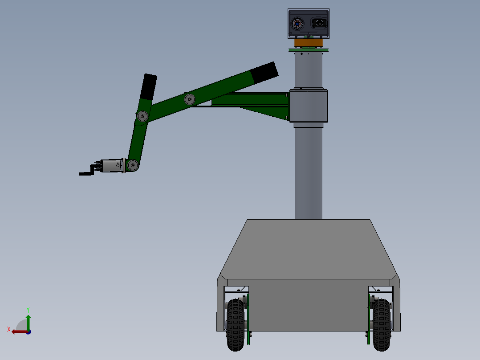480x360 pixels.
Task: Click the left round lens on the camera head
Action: pyautogui.click(x=297, y=23)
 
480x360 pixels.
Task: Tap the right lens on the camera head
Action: pyautogui.click(x=319, y=23)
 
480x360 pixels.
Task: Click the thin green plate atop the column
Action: pyautogui.click(x=308, y=50)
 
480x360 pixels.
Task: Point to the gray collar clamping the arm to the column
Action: pyautogui.click(x=309, y=106)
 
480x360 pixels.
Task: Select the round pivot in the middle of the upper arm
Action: pyautogui.click(x=190, y=99)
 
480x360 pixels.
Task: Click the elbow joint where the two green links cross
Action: pyautogui.click(x=142, y=116)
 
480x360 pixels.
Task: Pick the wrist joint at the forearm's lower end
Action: pyautogui.click(x=133, y=166)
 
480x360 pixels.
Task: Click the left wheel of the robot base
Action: pyautogui.click(x=236, y=324)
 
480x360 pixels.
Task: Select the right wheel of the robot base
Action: pyautogui.click(x=382, y=324)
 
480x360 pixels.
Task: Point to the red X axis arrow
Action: pyautogui.click(x=17, y=331)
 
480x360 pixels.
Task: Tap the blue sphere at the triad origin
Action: pyautogui.click(x=28, y=331)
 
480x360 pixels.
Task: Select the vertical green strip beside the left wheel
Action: pyautogui.click(x=248, y=319)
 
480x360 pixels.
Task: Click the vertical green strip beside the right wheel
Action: pyautogui.click(x=369, y=319)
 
